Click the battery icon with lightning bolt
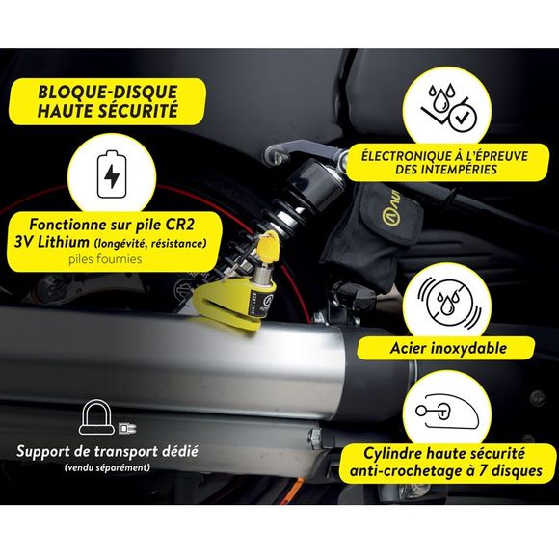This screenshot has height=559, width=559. [x=112, y=174]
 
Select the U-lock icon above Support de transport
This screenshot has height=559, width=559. [x=96, y=417]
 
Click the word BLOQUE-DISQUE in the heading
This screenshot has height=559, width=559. [x=108, y=92]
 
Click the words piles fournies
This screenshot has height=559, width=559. [x=105, y=259]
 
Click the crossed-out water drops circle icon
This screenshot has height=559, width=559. [x=448, y=303]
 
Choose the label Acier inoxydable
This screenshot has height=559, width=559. [x=448, y=348]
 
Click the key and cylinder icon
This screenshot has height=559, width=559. [x=447, y=412]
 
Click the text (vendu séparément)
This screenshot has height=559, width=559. [x=107, y=467]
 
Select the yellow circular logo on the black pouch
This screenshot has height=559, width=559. [x=390, y=217]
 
